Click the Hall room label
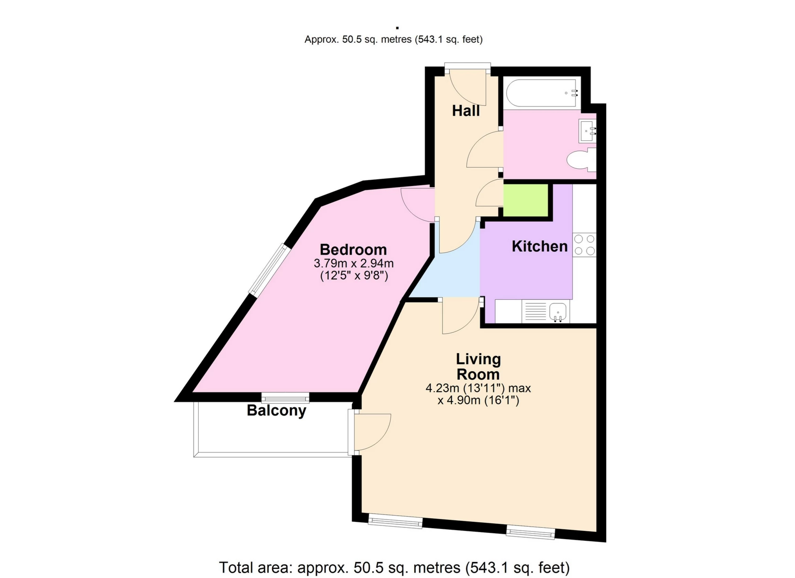[466, 111]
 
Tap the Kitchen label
[539, 246]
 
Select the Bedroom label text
[353, 250]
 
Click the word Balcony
[276, 410]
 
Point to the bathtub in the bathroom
[541, 93]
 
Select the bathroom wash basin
[587, 131]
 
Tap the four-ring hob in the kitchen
[584, 245]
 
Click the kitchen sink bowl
[557, 311]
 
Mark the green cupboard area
[525, 200]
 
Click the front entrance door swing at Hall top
[468, 88]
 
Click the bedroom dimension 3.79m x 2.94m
[353, 263]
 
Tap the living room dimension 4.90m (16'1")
[478, 401]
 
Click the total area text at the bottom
[394, 567]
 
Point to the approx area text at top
[393, 40]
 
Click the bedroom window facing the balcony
[285, 398]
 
